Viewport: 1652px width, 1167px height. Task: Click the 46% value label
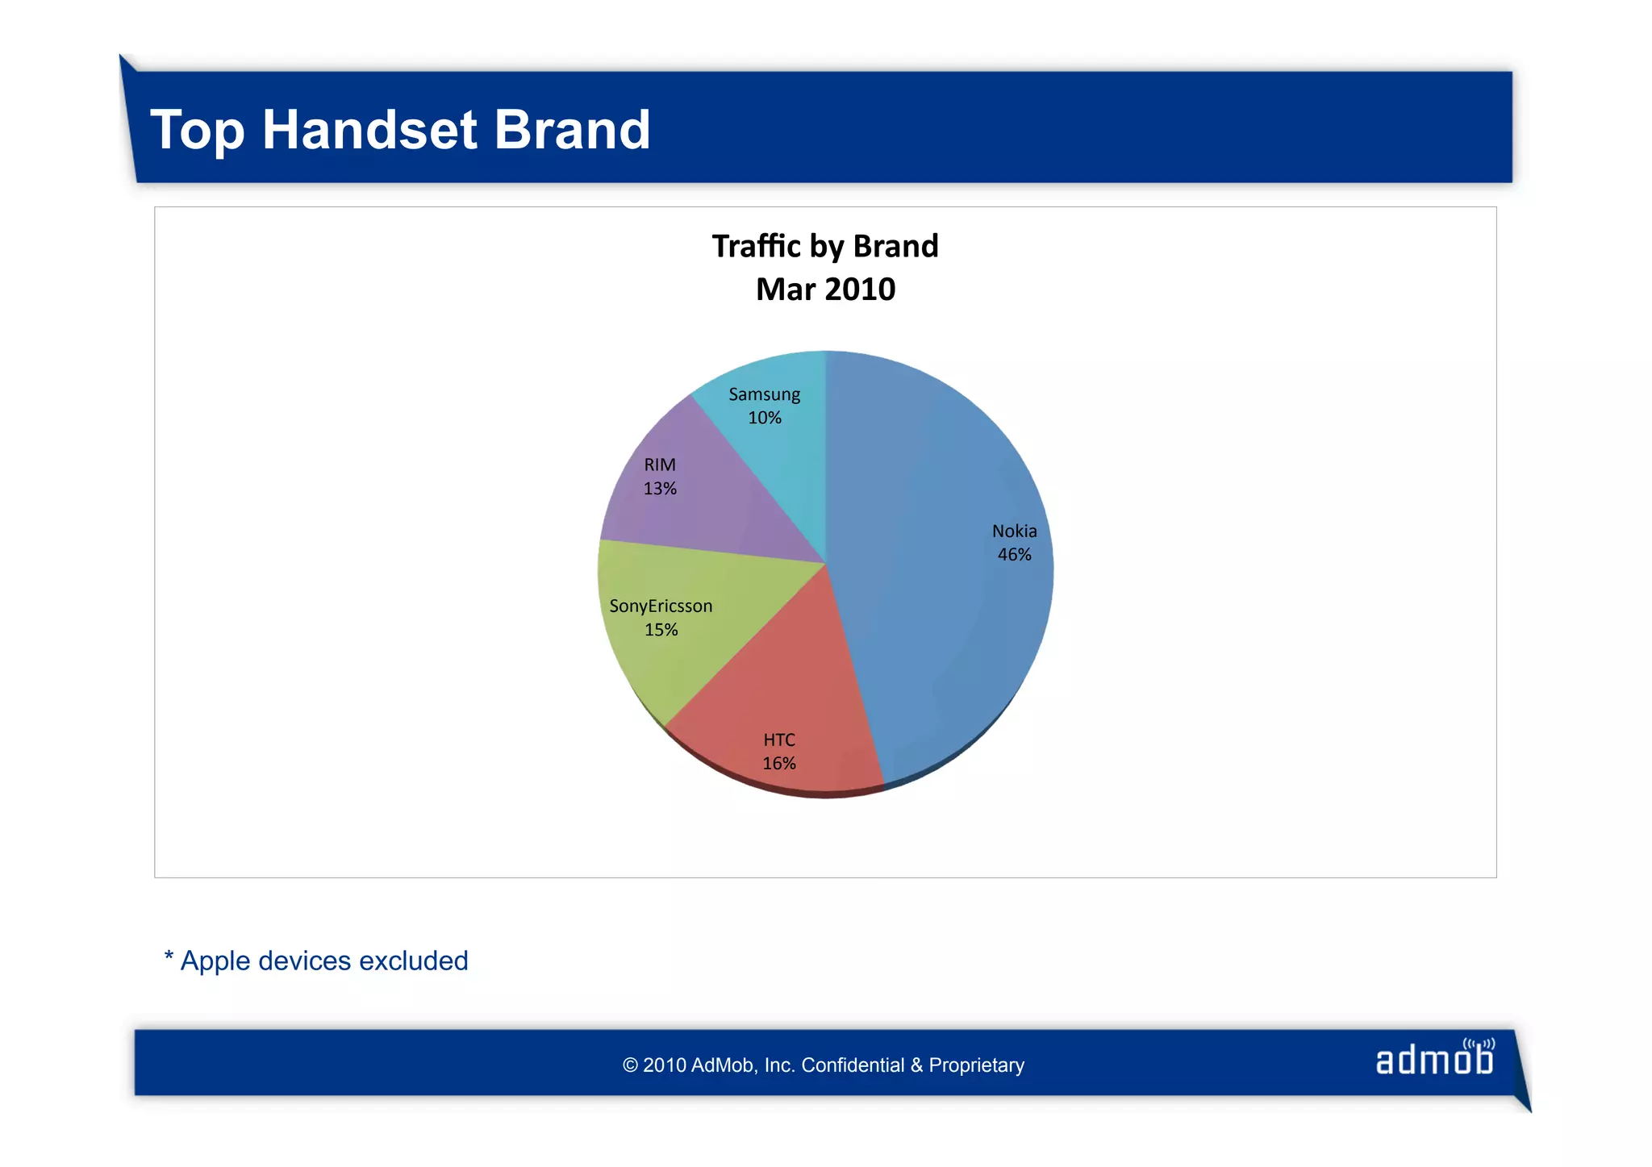tap(1014, 555)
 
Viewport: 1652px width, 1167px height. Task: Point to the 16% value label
tap(779, 764)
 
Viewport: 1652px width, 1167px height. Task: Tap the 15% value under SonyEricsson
tap(661, 630)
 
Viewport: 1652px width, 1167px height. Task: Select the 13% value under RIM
tap(660, 489)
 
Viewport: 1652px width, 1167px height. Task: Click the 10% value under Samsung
tap(764, 418)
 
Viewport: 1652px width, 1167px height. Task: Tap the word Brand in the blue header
tap(571, 130)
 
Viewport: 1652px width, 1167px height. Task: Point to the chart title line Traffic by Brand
tap(825, 246)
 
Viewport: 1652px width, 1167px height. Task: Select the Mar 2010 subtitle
tap(825, 290)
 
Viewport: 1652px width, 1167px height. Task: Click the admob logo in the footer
tap(1434, 1059)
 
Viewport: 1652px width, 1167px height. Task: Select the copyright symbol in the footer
tap(630, 1065)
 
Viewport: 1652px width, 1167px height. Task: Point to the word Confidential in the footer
tap(853, 1065)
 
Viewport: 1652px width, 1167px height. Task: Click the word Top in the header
tap(196, 130)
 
